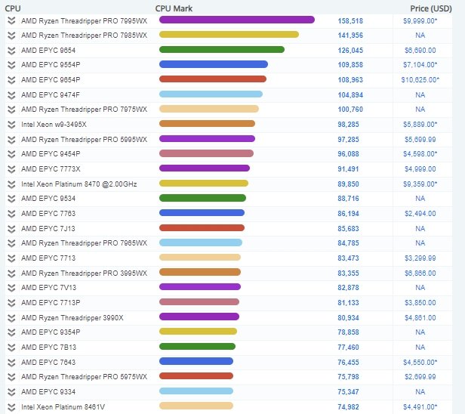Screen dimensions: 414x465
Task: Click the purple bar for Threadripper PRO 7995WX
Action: (x=237, y=20)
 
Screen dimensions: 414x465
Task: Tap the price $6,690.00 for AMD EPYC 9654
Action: (x=420, y=50)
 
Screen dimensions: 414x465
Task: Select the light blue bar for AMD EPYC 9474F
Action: (x=211, y=94)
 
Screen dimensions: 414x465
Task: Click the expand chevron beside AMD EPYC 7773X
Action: (x=11, y=168)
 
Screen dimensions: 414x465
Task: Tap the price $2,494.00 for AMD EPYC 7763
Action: (x=420, y=214)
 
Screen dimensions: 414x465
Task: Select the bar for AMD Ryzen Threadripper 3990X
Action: (x=199, y=317)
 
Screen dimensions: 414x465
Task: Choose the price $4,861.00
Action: (x=420, y=317)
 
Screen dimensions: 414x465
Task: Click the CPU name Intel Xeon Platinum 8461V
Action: (x=63, y=406)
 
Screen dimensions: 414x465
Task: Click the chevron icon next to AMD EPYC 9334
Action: (x=11, y=391)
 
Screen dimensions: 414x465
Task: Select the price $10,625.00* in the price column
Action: (x=420, y=79)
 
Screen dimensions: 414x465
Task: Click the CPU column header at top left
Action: (x=13, y=8)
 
